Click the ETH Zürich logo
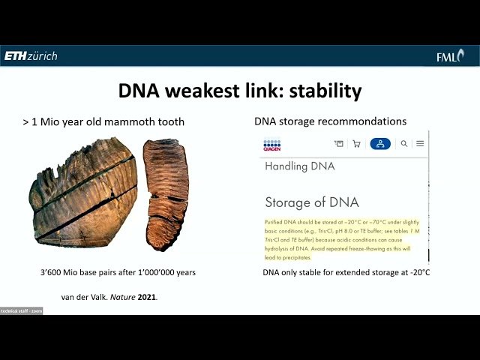coord(31,55)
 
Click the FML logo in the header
coord(451,56)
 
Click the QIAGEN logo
coord(271,145)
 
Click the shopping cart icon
coord(356,143)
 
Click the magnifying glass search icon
coord(404,143)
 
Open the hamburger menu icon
coord(420,143)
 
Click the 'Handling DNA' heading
coord(299,166)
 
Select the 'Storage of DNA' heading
coord(312,202)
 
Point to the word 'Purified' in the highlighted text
coord(275,223)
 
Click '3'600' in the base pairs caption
coord(52,272)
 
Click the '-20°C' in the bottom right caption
coord(416,272)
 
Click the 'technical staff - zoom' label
coord(21,310)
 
